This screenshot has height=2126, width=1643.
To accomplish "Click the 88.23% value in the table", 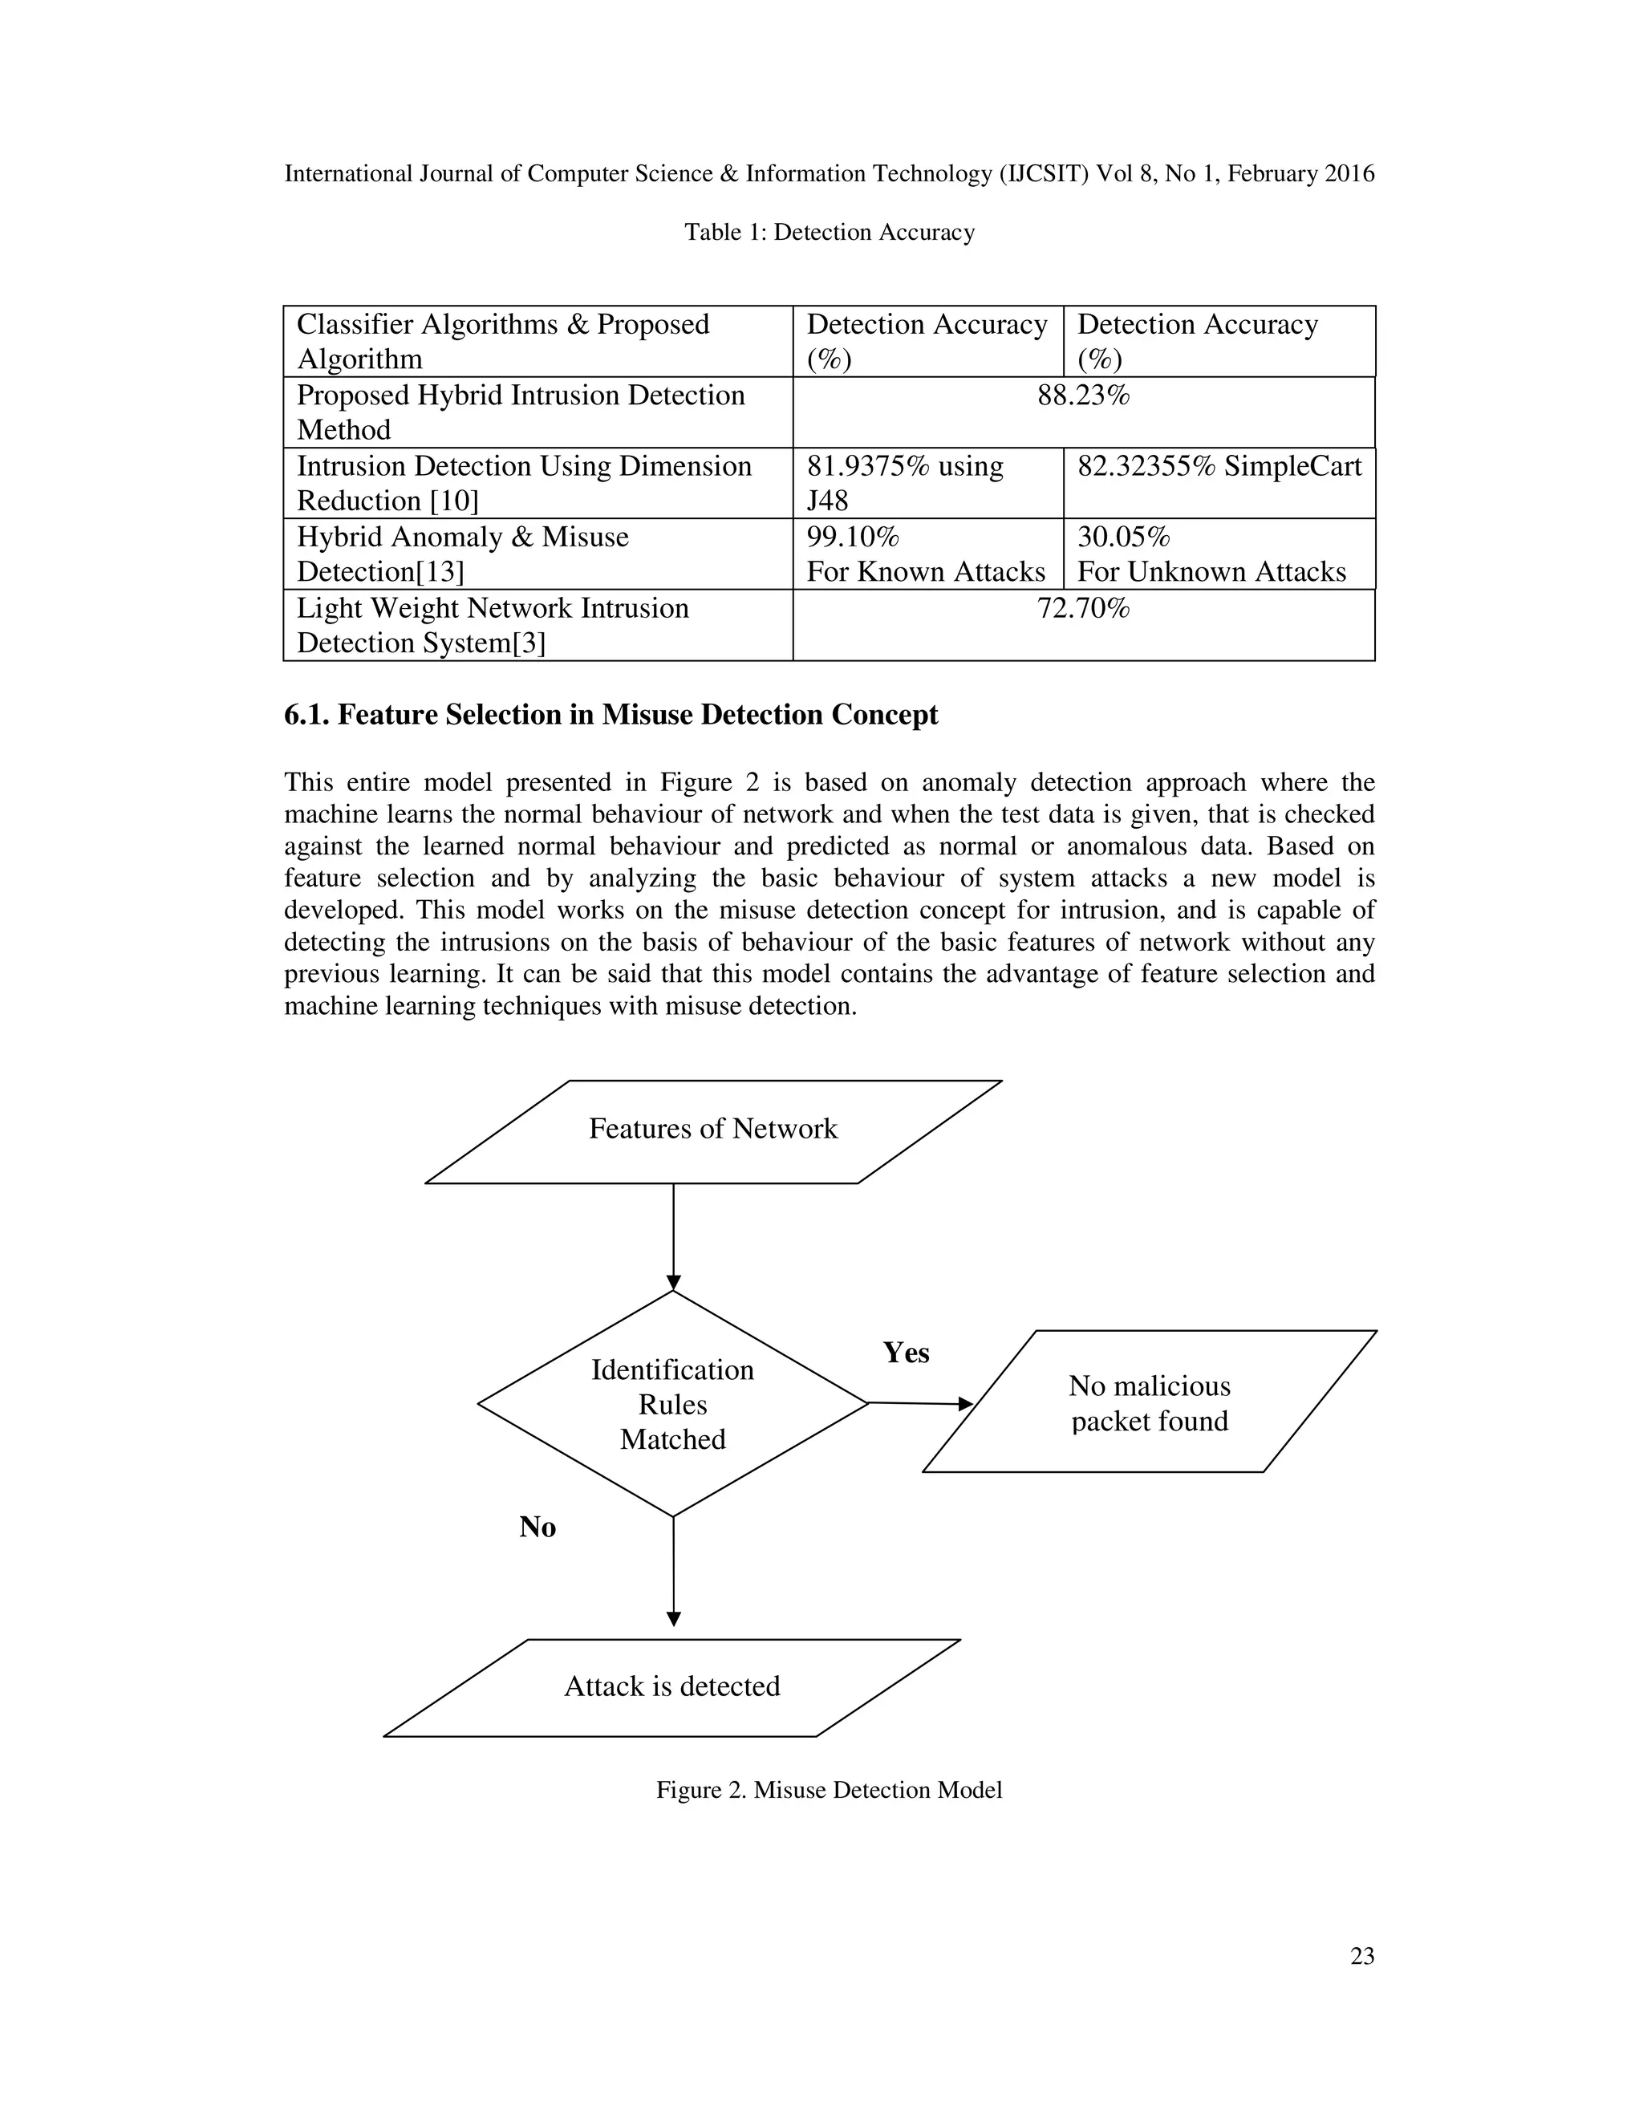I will point(1082,396).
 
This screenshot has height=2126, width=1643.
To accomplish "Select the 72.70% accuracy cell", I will point(1082,610).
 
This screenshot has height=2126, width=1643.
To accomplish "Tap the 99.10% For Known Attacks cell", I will point(926,554).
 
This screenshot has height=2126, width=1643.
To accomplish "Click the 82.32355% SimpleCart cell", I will point(1219,467).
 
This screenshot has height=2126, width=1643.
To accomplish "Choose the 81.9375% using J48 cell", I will point(904,483).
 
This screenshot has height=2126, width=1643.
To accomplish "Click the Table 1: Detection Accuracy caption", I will point(830,233).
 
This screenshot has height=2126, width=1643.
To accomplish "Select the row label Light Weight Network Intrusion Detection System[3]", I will point(493,625).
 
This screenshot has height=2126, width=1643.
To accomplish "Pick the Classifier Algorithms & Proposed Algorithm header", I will point(502,342).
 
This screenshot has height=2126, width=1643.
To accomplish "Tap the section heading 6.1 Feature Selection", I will point(611,715).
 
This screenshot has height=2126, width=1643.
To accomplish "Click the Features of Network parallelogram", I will point(712,1130).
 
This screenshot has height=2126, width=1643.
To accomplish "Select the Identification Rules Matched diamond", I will point(672,1404).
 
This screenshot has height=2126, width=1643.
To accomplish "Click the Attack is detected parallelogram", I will point(671,1686).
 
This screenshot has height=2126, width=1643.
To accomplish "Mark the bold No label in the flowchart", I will point(538,1528).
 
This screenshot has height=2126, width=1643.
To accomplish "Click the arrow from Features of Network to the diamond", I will point(674,1236).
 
